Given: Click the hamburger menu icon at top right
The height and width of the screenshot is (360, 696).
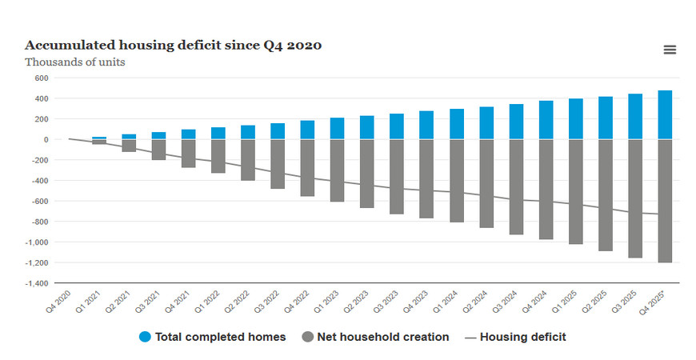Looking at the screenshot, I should point(670,50).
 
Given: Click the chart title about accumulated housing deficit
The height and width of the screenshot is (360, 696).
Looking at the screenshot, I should point(173,45).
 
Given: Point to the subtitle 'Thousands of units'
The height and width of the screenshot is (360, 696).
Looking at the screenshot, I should point(74,62).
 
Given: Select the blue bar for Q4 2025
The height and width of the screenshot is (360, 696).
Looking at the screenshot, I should point(665,115).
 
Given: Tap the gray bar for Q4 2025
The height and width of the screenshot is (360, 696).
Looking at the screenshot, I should point(665,201).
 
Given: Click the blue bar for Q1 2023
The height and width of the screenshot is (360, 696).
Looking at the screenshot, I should point(337,129).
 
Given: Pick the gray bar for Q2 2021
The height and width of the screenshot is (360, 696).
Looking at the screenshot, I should point(129,146).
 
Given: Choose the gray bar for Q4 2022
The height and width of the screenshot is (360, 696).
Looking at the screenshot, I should point(307,168).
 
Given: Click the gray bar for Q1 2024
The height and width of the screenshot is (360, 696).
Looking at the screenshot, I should point(457,181).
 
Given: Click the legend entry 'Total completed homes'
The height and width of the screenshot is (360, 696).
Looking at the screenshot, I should point(213,337).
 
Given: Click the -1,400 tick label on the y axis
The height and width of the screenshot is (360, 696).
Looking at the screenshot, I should point(36,283).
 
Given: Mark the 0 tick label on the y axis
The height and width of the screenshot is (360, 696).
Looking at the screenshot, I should point(46,140).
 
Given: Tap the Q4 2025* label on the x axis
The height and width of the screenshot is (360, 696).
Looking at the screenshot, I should point(654,302).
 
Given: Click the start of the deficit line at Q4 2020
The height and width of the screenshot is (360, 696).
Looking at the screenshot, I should point(70,139).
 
